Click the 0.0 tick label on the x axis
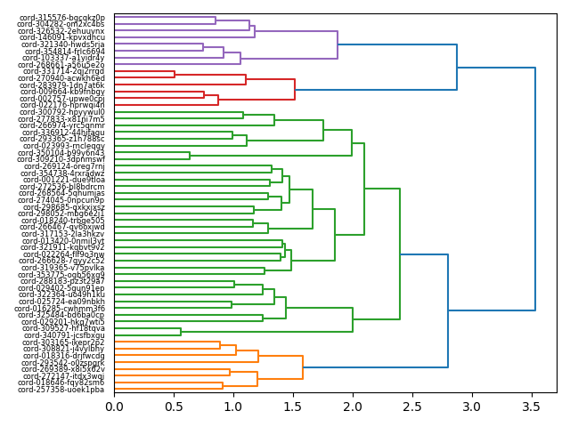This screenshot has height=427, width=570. pos(114,407)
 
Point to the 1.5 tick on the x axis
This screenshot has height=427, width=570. pos(293,407)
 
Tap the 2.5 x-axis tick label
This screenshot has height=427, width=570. pos(412,407)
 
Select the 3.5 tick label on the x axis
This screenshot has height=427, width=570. pos(532,407)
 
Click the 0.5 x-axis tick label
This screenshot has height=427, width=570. pos(174,407)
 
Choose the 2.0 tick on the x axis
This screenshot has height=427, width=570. pos(353,407)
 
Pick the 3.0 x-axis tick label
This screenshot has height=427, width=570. pos(472,407)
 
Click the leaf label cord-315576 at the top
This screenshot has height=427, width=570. pos(62,17)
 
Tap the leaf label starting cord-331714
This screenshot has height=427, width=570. pos(62,71)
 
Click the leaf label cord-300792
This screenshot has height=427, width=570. pos(62,112)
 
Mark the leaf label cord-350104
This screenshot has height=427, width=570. pos(61,153)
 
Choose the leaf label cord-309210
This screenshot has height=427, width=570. pos(61,159)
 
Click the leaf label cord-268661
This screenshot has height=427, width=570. pos(62,65)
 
